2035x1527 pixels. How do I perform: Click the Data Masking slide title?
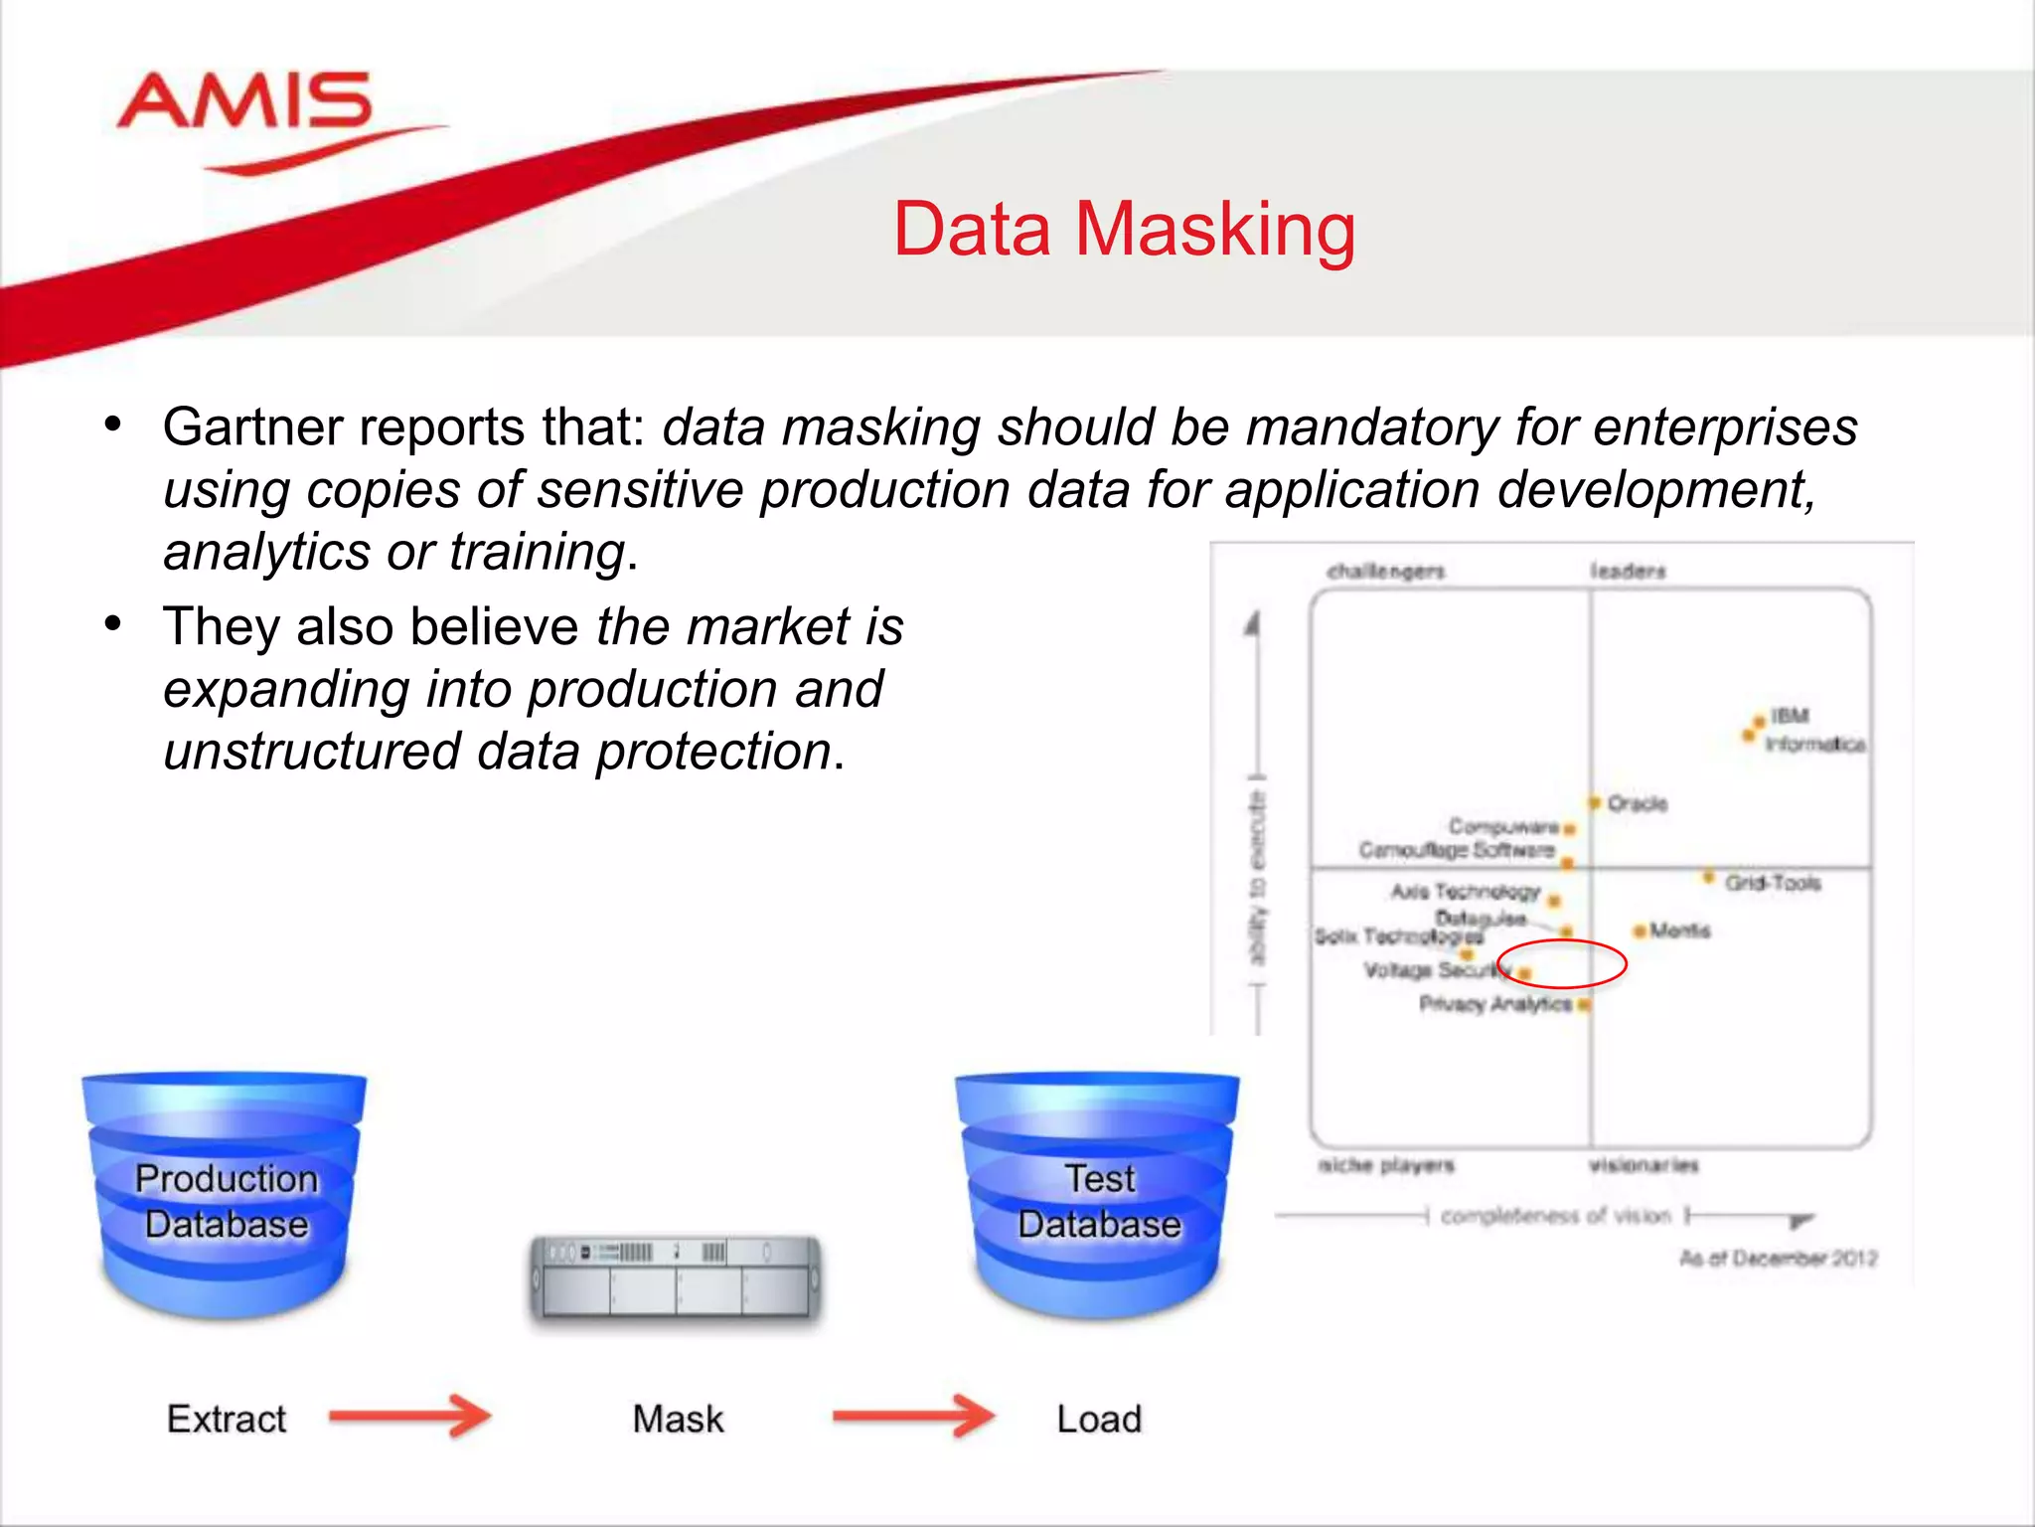click(x=1124, y=230)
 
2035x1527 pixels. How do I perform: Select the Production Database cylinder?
click(x=226, y=1198)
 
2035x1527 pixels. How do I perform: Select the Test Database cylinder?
click(x=1098, y=1198)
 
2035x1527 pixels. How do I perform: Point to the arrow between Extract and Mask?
click(x=410, y=1416)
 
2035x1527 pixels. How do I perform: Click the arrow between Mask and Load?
click(x=913, y=1416)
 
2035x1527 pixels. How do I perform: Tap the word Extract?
click(x=226, y=1419)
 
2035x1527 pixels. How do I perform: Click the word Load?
click(x=1098, y=1419)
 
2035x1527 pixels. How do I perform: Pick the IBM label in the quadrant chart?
click(x=1790, y=716)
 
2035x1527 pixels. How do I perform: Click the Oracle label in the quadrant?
click(x=1637, y=803)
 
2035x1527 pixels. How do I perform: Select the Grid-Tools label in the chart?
click(x=1773, y=883)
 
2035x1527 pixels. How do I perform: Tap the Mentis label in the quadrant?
click(x=1679, y=931)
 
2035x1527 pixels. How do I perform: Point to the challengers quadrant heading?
click(x=1385, y=572)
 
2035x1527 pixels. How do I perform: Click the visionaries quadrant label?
click(x=1644, y=1165)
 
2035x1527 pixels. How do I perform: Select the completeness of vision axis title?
click(x=1555, y=1216)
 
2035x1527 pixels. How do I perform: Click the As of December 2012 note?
click(x=1778, y=1259)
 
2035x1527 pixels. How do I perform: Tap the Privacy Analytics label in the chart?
click(x=1494, y=1004)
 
